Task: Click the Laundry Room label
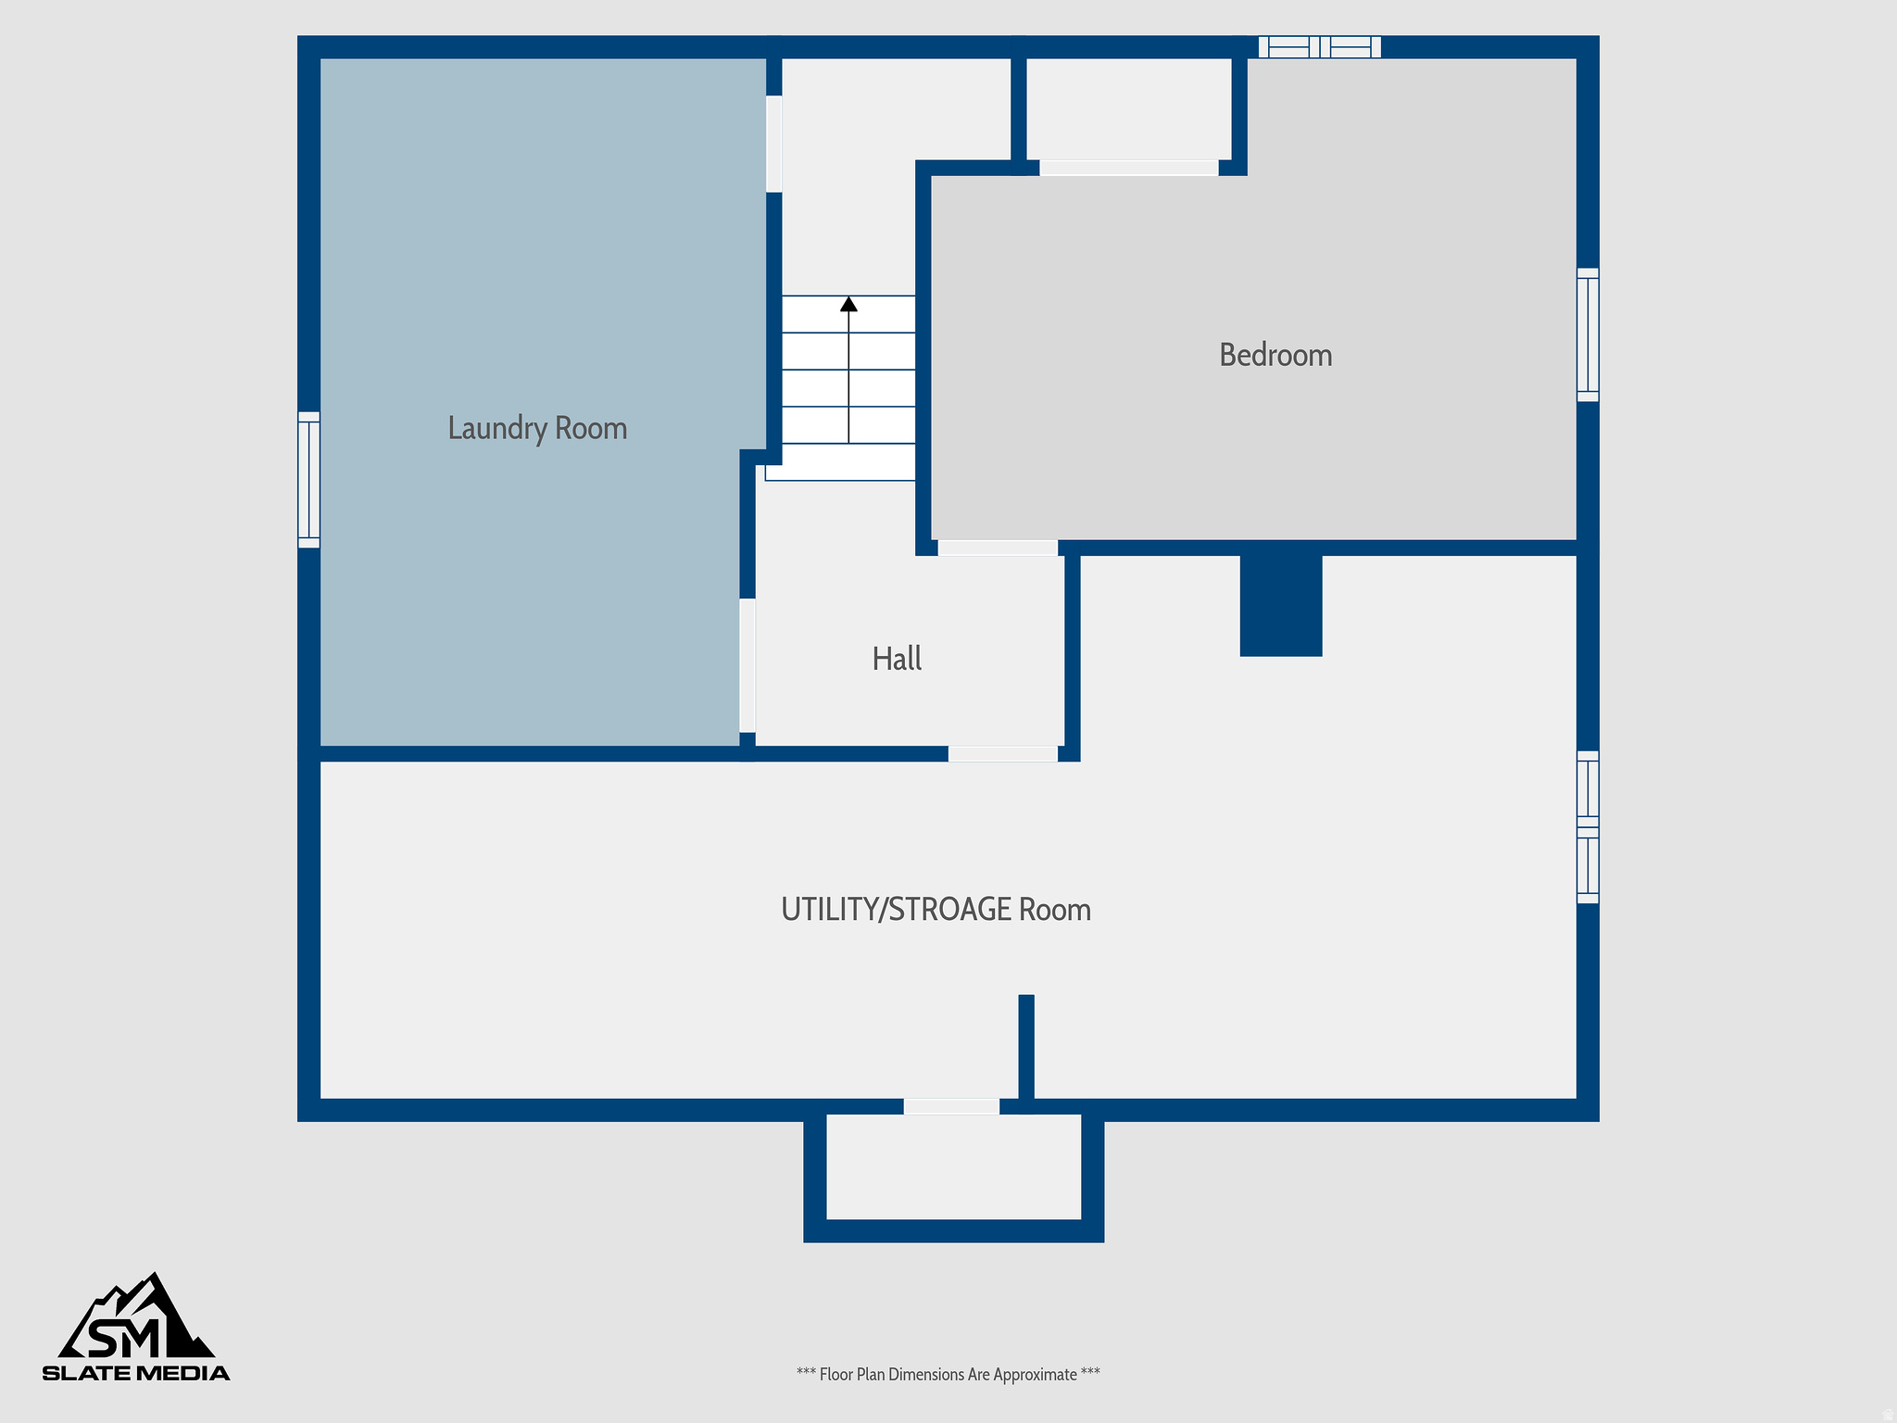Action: pyautogui.click(x=537, y=428)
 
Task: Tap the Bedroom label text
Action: pyautogui.click(x=1275, y=355)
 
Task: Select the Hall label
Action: pyautogui.click(x=897, y=659)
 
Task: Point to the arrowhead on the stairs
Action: pyautogui.click(x=848, y=304)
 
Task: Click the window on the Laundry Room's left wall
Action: pyautogui.click(x=308, y=480)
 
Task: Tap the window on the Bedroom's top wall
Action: pyautogui.click(x=1319, y=47)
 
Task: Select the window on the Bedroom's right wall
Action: pyautogui.click(x=1588, y=334)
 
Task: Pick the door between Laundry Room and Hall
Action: pyautogui.click(x=747, y=665)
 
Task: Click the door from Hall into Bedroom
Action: pyautogui.click(x=997, y=548)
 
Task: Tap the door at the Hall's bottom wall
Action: pyautogui.click(x=1002, y=754)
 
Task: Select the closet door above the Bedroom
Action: pyautogui.click(x=1128, y=168)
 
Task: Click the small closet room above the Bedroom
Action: pyautogui.click(x=1128, y=108)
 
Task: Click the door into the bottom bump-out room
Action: pyautogui.click(x=951, y=1106)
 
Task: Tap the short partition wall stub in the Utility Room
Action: pyautogui.click(x=1026, y=1047)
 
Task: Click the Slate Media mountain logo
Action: pyautogui.click(x=136, y=1326)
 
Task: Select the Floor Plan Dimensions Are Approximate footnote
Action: pyautogui.click(x=948, y=1374)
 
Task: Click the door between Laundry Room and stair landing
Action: pyautogui.click(x=773, y=144)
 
